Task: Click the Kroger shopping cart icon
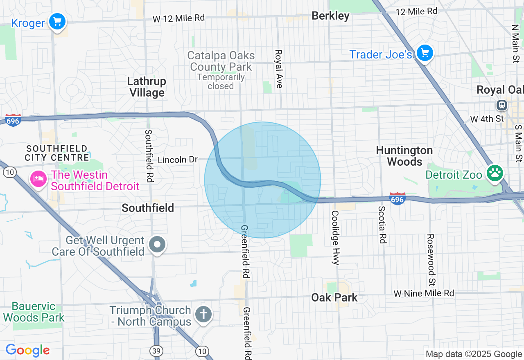click(x=57, y=21)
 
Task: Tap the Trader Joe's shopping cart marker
click(x=425, y=53)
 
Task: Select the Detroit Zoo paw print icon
click(x=495, y=173)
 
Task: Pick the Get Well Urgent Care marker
click(x=157, y=245)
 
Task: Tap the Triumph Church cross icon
click(x=203, y=315)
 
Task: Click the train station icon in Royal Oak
click(x=501, y=105)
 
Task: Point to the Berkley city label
click(x=330, y=16)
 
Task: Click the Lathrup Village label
click(x=147, y=87)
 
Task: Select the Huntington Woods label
click(x=404, y=156)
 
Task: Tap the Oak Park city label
click(x=334, y=297)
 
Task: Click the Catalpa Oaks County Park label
click(x=221, y=61)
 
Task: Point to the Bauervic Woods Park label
click(x=34, y=312)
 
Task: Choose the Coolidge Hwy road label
click(x=335, y=238)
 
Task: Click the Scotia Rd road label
click(x=382, y=224)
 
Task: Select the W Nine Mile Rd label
click(x=424, y=293)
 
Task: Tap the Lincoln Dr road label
click(x=178, y=160)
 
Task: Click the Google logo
click(x=27, y=351)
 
